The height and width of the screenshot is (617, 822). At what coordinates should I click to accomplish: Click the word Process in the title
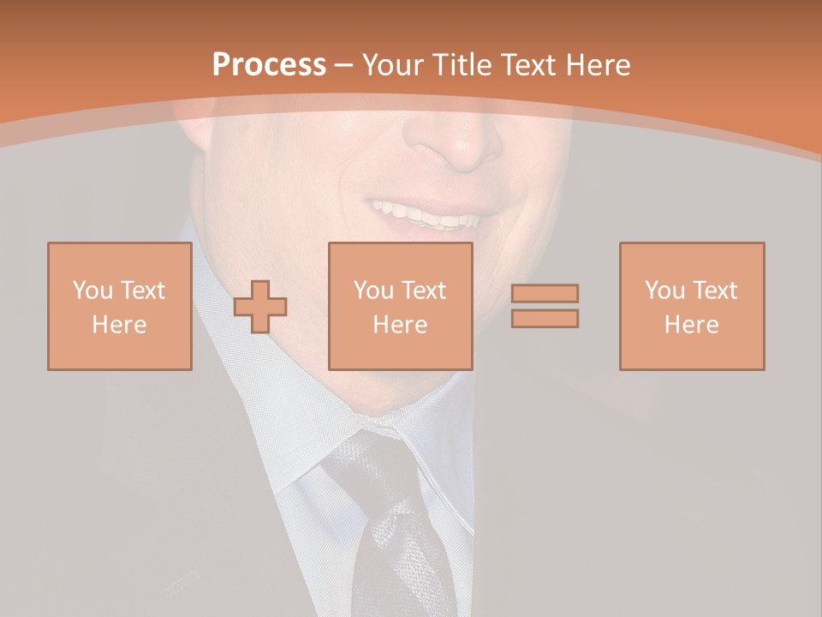(x=269, y=65)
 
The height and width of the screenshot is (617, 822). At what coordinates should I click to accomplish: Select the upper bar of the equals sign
(x=545, y=293)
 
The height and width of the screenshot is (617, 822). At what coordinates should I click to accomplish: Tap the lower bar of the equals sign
(x=545, y=319)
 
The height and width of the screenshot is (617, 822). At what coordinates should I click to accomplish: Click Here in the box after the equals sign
(x=692, y=325)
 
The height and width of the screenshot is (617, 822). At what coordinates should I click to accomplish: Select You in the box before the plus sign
(x=92, y=291)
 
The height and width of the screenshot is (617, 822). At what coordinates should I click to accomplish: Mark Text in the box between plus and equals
(x=423, y=291)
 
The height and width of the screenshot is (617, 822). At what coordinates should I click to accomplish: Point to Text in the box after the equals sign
(x=714, y=291)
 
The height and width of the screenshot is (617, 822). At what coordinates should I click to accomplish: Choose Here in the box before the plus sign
(x=120, y=325)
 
